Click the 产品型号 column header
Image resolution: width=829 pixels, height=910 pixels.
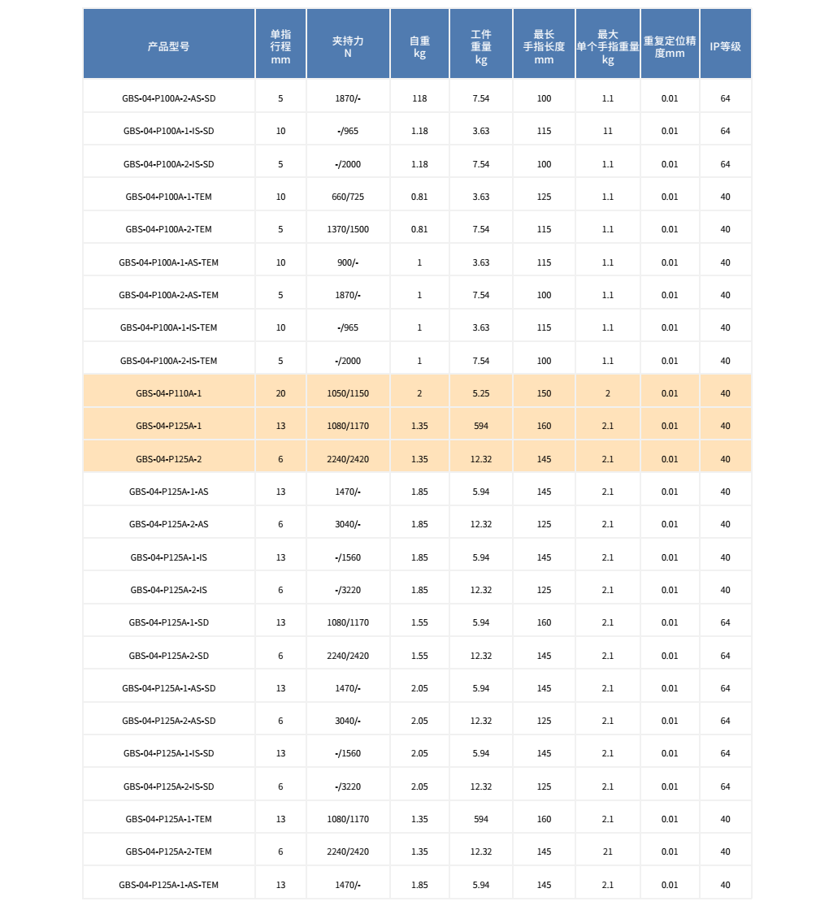(x=168, y=46)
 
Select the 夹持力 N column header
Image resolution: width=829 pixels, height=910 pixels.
(x=348, y=46)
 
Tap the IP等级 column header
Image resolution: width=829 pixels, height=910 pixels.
(x=725, y=46)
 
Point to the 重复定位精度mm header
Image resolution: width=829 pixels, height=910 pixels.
(x=669, y=46)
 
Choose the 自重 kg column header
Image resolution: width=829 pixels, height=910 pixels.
(x=419, y=46)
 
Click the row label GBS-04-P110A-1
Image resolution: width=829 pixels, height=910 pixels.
(x=168, y=393)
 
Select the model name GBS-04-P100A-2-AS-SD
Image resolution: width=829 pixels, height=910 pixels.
(x=168, y=98)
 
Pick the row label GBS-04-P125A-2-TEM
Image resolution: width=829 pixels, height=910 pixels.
(x=168, y=851)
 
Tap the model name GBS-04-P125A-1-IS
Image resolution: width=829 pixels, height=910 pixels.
(x=168, y=557)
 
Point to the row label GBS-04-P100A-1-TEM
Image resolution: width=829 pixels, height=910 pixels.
(x=168, y=197)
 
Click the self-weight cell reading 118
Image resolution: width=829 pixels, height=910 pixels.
(x=419, y=98)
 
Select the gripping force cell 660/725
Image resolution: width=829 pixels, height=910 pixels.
(x=348, y=197)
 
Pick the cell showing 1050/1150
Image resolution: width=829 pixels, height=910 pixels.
(x=348, y=393)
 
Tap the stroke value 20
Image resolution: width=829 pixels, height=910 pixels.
(x=280, y=393)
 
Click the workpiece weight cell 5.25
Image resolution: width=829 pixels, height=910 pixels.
(x=481, y=393)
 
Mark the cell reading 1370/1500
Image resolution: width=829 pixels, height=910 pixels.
(x=348, y=229)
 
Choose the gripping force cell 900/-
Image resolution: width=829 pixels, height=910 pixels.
(x=348, y=262)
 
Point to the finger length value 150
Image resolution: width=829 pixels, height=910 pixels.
(x=544, y=393)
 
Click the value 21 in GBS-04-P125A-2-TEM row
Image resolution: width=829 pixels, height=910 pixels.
(x=607, y=851)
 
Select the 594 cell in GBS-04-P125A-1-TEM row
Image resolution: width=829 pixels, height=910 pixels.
(x=481, y=819)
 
